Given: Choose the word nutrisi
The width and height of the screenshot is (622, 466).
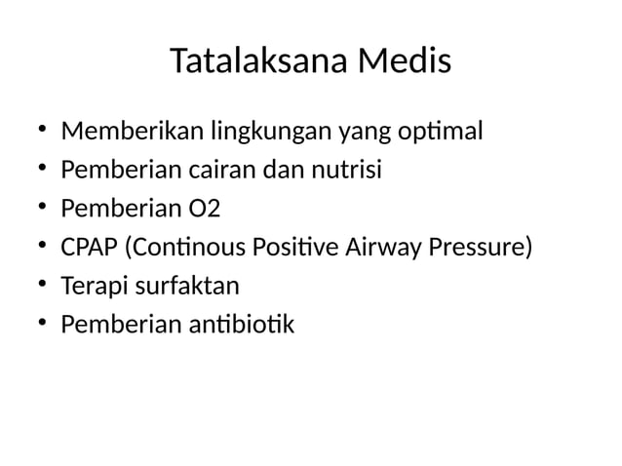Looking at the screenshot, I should coord(345,170).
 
